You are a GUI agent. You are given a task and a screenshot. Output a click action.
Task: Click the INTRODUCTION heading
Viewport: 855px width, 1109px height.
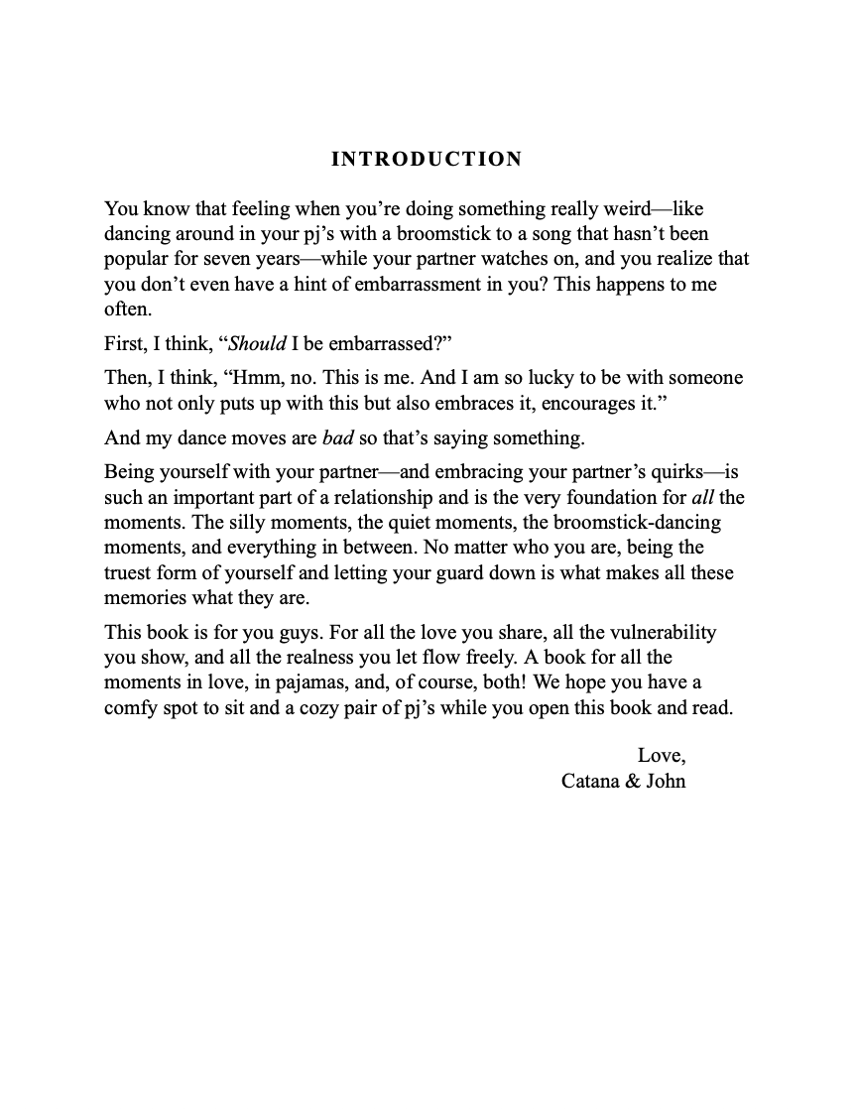tap(427, 160)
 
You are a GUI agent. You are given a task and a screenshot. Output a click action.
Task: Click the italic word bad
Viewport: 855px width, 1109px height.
tap(338, 438)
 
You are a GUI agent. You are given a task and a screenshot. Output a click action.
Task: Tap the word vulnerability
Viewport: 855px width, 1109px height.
tap(659, 632)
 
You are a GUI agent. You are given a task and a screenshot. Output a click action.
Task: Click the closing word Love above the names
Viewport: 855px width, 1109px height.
tap(659, 756)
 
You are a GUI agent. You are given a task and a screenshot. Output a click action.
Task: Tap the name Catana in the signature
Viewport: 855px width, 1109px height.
tap(588, 781)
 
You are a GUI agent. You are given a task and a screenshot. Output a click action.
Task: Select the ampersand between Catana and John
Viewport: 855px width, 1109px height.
tap(631, 781)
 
